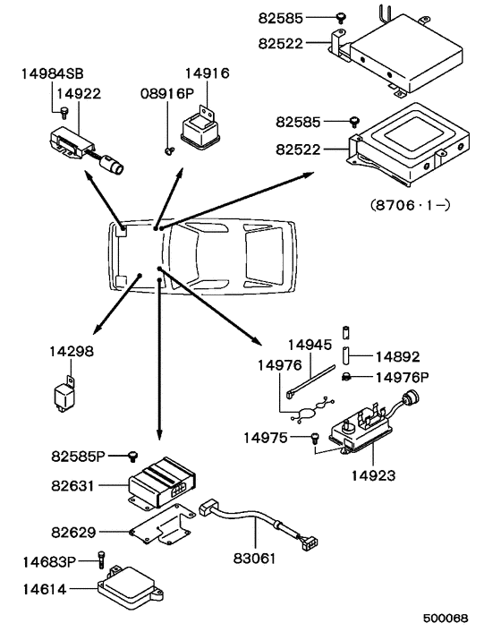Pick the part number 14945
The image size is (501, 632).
coord(308,344)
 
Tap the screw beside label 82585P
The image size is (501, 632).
coord(133,457)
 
